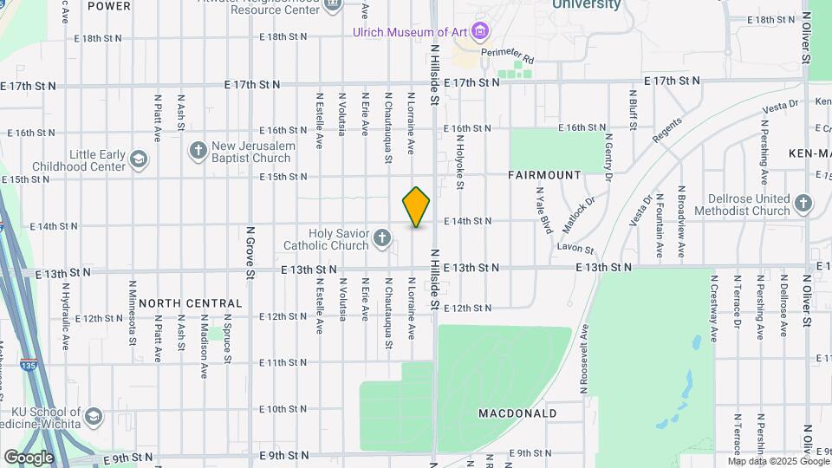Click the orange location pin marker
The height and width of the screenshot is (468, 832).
416,207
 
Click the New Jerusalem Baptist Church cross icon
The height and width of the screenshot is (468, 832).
198,151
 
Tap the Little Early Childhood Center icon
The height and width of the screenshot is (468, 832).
139,159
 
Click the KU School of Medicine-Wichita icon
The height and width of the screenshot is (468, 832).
94,417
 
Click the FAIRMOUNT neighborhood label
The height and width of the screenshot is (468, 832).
544,175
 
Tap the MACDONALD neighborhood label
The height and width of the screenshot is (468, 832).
517,413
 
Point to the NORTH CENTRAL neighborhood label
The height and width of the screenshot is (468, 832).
191,303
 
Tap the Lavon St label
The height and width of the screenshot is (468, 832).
575,247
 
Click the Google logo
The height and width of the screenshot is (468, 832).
29,457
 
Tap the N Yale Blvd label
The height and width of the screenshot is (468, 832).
543,211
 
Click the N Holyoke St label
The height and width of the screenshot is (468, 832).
459,161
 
